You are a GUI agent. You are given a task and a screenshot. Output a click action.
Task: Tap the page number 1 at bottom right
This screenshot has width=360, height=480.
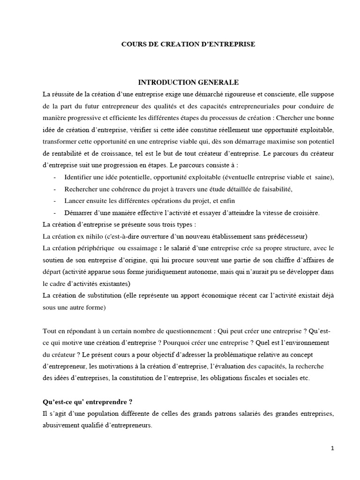(332, 448)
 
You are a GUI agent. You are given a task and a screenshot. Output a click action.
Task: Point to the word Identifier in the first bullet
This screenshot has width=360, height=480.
(78, 177)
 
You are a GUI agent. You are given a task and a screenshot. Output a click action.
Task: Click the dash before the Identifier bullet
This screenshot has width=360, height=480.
(56, 177)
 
